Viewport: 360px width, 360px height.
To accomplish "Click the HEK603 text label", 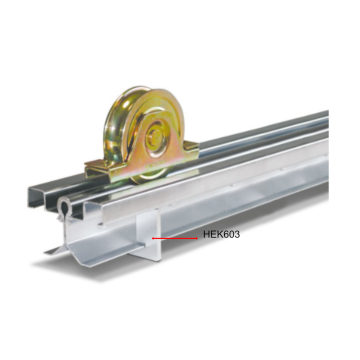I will tap(221, 235).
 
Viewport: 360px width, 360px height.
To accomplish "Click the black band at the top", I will tap(180, 30).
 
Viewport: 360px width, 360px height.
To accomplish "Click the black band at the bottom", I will tap(180, 330).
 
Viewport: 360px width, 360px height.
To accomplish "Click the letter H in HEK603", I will tap(206, 235).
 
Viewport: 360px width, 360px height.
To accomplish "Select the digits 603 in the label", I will tap(231, 235).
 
